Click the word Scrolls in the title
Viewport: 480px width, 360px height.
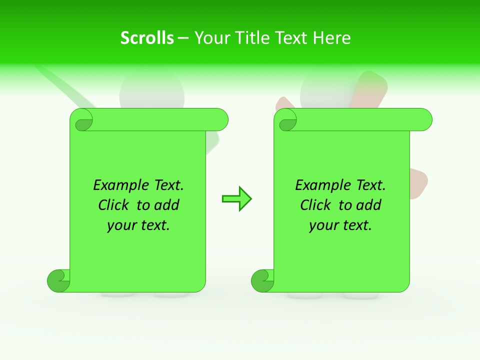click(x=147, y=38)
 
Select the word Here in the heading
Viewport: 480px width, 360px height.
click(x=332, y=38)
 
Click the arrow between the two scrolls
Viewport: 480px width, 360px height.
click(x=236, y=199)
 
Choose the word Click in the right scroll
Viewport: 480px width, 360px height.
click(x=315, y=205)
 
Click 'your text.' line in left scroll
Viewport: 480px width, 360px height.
click(x=138, y=225)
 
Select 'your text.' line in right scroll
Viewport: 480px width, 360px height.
click(x=340, y=225)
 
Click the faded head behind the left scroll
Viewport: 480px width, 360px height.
click(x=152, y=90)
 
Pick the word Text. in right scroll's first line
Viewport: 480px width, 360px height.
click(x=370, y=185)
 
